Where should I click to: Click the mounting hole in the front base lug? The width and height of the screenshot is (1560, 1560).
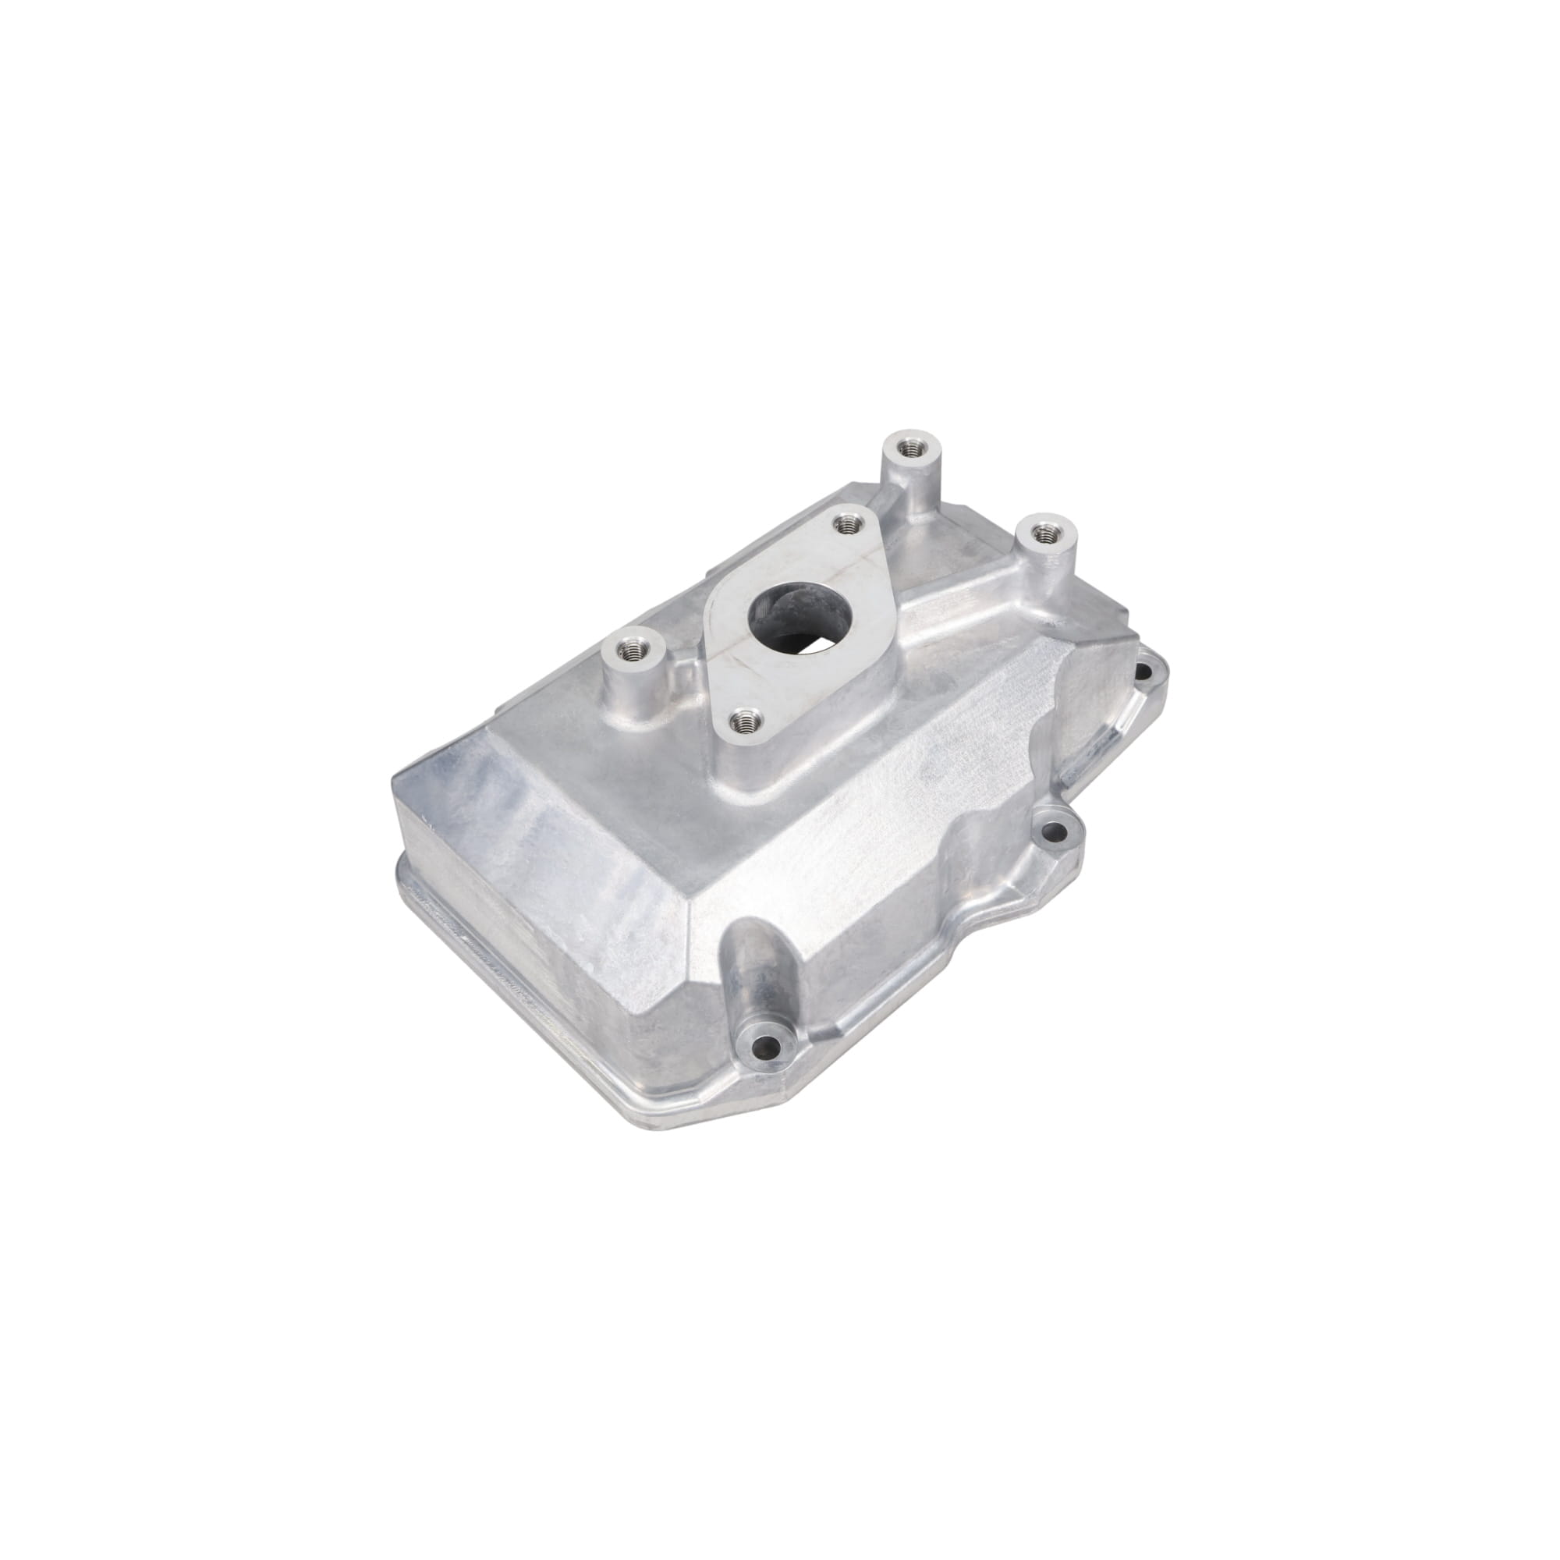coord(762,1049)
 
